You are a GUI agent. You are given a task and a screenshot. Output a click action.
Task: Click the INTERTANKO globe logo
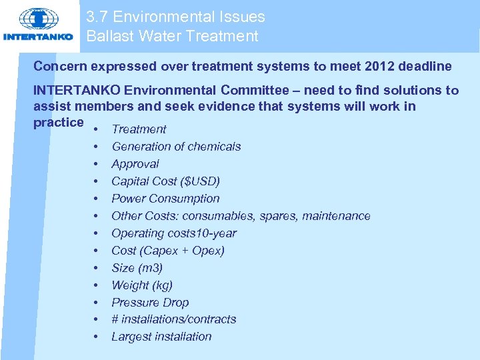tap(39, 20)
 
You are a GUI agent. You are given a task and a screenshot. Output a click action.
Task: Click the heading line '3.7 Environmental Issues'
tap(175, 17)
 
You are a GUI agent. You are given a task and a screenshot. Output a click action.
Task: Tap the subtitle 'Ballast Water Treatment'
tap(172, 36)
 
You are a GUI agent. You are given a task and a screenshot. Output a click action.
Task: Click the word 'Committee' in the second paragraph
tap(255, 91)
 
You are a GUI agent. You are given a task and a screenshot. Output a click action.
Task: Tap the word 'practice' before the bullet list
tap(59, 123)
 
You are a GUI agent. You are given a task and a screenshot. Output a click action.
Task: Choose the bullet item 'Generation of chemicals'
tap(176, 147)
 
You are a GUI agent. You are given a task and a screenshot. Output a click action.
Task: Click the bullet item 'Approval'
tap(135, 164)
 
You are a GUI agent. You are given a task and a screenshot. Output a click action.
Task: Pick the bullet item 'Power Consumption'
tap(165, 199)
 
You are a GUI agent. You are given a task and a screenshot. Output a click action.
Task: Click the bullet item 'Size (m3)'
tap(137, 268)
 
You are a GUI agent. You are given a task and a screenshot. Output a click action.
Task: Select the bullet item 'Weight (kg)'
tap(142, 285)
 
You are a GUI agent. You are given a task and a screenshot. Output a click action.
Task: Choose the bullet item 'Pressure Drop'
tap(150, 303)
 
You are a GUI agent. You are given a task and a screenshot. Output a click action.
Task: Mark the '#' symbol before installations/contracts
tap(115, 319)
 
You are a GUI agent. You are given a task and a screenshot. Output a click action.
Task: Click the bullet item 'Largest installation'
tap(161, 337)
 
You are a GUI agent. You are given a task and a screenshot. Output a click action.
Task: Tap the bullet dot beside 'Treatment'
tap(96, 129)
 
